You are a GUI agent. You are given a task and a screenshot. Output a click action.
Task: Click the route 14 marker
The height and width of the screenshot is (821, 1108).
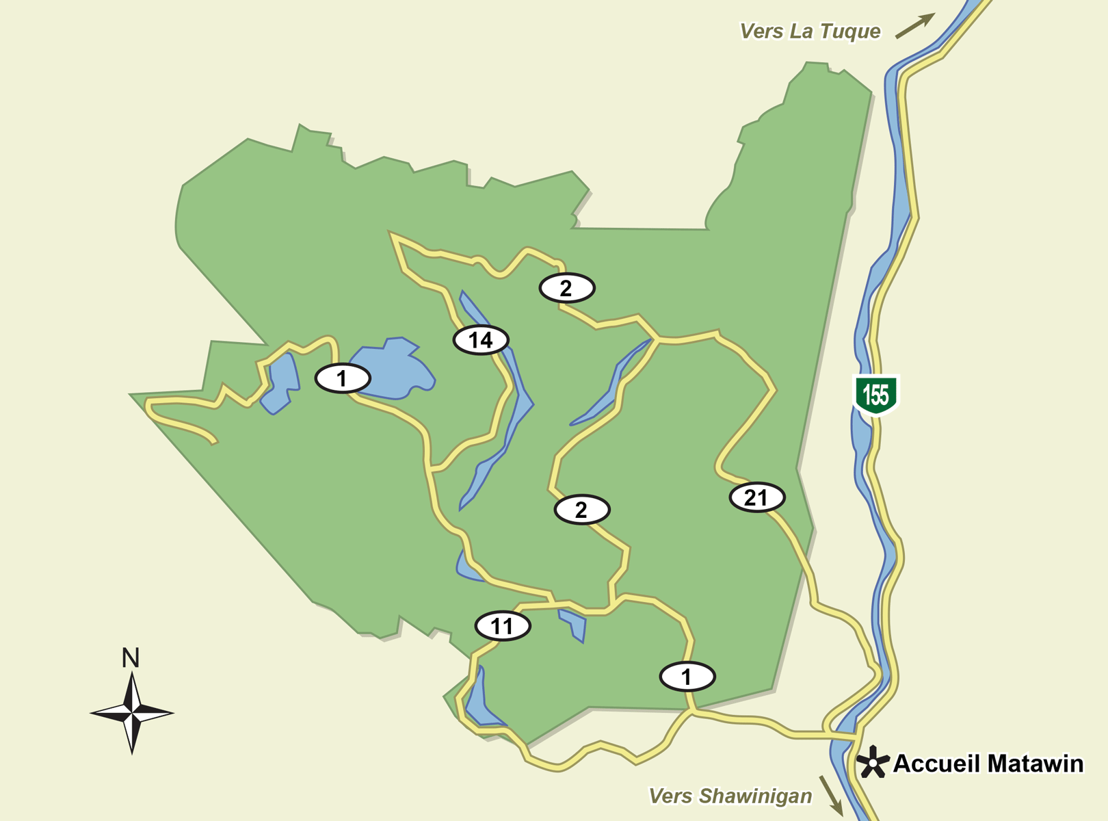[481, 340]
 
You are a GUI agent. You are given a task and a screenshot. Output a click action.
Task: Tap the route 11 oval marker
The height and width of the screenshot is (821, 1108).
[502, 626]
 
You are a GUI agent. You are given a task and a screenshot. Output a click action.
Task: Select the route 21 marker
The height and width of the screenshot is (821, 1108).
[756, 497]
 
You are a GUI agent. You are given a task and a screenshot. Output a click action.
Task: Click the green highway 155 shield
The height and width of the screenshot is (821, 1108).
[875, 395]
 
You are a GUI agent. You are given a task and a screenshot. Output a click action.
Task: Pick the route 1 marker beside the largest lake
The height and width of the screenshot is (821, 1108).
[342, 378]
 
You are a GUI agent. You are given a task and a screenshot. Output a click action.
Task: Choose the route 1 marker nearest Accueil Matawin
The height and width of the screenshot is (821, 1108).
[687, 677]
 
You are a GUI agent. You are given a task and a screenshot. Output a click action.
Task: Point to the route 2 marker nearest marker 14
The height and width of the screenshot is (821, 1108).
[566, 288]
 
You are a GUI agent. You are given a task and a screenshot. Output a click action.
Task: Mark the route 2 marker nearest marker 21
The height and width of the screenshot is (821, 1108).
[581, 510]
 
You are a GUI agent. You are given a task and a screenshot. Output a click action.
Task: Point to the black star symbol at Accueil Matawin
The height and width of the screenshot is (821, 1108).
[873, 762]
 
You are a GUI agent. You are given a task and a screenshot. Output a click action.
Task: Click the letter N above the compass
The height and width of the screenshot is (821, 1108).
[131, 658]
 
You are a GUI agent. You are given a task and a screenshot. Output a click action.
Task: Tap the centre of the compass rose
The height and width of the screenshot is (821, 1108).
[132, 713]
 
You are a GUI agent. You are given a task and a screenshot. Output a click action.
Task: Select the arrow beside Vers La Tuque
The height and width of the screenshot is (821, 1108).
[914, 25]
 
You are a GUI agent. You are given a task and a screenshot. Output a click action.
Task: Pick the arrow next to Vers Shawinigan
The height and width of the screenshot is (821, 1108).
[831, 794]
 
